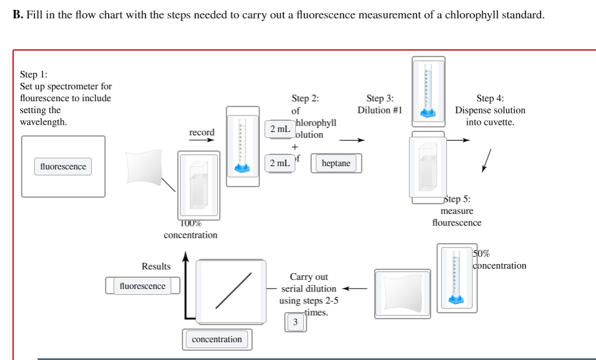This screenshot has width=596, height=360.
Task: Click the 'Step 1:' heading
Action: point(33,74)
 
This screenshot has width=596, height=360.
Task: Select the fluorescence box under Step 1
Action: point(63,167)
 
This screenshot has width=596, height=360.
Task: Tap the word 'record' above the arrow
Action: point(202,133)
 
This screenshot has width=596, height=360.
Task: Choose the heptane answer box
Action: point(336,163)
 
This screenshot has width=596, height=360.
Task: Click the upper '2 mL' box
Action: point(279,129)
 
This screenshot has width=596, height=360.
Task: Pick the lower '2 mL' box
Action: point(279,162)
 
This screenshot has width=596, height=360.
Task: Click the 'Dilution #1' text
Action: point(379,110)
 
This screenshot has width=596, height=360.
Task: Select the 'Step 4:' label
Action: point(490,99)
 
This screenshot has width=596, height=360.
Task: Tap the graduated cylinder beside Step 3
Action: point(428,91)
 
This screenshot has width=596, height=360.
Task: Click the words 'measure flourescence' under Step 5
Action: point(457,217)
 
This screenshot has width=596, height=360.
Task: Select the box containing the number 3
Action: point(295,322)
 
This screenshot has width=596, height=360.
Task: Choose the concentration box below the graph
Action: point(217,340)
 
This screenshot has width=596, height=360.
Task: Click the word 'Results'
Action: point(156,266)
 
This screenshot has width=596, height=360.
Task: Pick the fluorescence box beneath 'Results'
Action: point(142,286)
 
